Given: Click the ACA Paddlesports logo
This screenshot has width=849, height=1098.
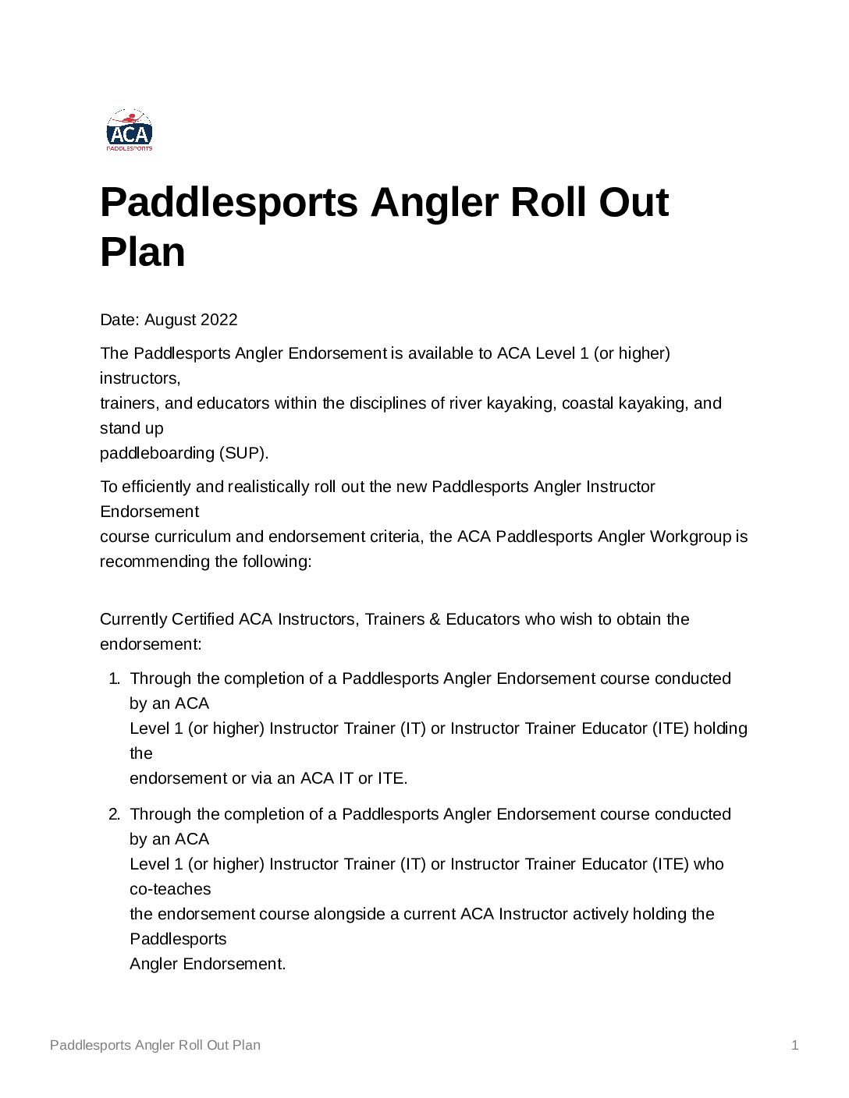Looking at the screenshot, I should tap(130, 130).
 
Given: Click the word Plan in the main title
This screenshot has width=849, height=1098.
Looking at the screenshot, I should tap(143, 252).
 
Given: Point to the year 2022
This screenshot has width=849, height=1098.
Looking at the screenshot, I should tap(219, 320).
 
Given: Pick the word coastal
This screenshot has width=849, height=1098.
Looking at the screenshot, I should tap(587, 403).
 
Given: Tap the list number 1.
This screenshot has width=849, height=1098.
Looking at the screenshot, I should tap(114, 678).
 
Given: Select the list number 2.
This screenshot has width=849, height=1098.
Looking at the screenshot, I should tap(114, 814).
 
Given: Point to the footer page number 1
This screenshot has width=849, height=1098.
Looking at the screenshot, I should tap(794, 1045).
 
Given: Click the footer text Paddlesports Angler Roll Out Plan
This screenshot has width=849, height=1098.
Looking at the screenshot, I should tap(155, 1045).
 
